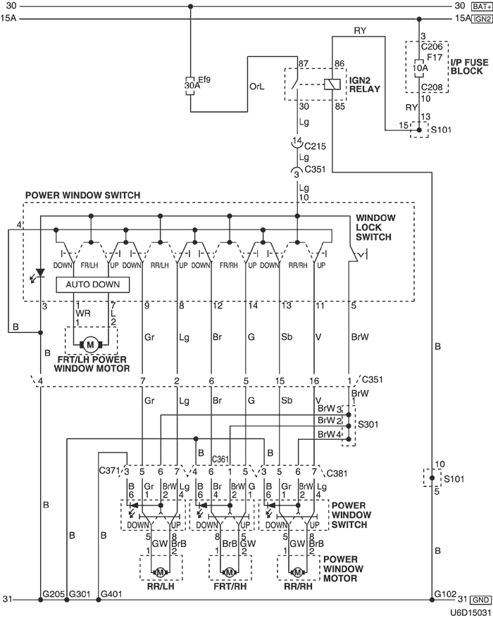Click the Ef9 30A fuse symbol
pyautogui.click(x=190, y=84)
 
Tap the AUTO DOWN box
pyautogui.click(x=93, y=284)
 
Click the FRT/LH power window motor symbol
pyautogui.click(x=89, y=343)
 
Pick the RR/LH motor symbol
pyautogui.click(x=160, y=571)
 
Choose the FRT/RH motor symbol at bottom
pyautogui.click(x=230, y=571)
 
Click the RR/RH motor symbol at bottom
pyautogui.click(x=298, y=571)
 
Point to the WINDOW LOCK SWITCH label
pyautogui.click(x=375, y=227)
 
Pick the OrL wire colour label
pyautogui.click(x=257, y=89)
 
